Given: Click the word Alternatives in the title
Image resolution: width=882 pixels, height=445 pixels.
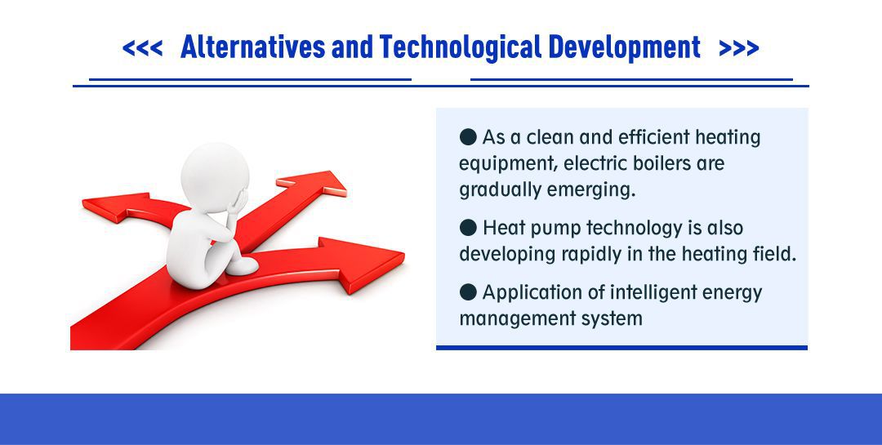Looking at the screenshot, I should coord(252,48).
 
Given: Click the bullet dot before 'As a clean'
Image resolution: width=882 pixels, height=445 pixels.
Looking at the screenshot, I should coord(468,136).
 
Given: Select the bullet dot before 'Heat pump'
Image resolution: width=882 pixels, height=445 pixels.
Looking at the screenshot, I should coord(468,227).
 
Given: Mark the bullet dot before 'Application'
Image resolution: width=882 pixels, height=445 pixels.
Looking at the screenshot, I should coord(468,292).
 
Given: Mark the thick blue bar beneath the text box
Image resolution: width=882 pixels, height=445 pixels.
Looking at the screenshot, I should coord(621,348).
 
